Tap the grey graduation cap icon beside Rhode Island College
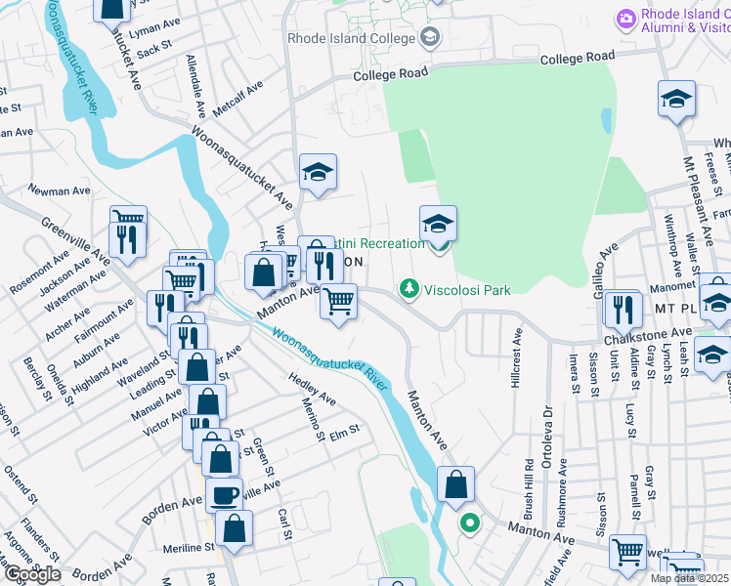tap(428, 38)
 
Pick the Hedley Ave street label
tap(312, 388)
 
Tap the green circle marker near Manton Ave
tap(469, 523)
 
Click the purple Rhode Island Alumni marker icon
tap(625, 18)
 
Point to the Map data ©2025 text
tap(690, 578)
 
